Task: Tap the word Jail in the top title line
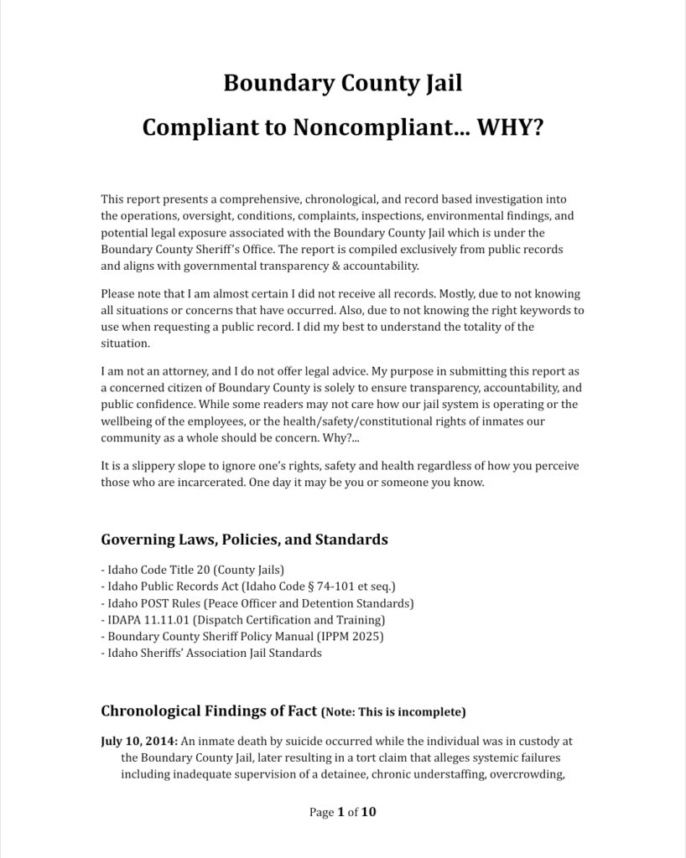click(x=440, y=84)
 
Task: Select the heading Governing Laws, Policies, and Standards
click(x=244, y=540)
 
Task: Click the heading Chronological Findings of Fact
click(x=209, y=712)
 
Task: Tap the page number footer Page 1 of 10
click(x=343, y=812)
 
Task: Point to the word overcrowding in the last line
click(x=531, y=774)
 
